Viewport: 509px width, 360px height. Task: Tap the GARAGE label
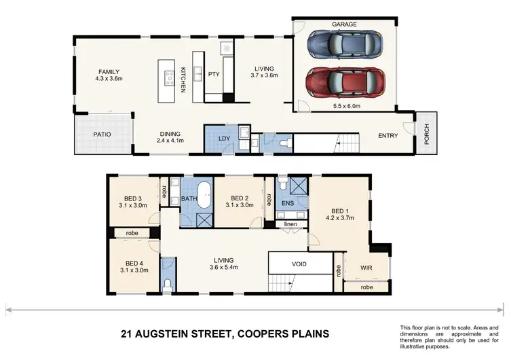344,24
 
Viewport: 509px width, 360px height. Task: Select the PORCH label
427,130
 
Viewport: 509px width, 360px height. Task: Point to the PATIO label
102,134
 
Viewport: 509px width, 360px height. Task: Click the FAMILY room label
109,71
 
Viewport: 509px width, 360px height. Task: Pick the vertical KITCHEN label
183,79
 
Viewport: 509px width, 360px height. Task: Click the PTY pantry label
213,74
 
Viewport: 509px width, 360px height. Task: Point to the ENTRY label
388,136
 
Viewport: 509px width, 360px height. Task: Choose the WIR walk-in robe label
366,268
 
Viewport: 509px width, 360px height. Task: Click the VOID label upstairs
301,264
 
